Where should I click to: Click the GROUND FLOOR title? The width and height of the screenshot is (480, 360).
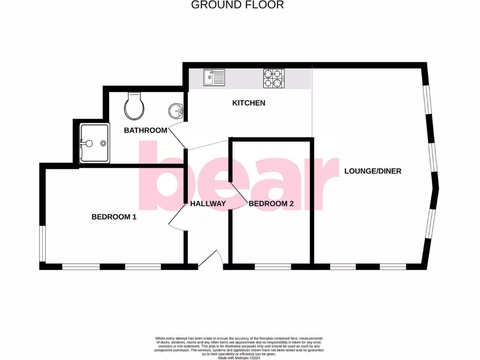click(238, 5)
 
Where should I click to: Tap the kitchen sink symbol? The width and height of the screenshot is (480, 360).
click(214, 78)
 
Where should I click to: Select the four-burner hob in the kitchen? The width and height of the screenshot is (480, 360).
click(274, 78)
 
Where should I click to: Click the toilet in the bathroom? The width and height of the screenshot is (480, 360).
click(134, 106)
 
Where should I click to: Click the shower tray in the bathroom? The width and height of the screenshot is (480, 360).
click(95, 143)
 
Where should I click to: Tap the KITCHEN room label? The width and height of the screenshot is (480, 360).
click(248, 103)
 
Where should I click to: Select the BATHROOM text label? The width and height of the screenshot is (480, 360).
click(145, 130)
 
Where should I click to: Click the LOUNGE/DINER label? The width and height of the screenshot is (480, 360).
click(373, 171)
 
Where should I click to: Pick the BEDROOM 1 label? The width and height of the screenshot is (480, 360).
click(114, 217)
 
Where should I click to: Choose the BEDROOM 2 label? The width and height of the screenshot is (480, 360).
click(271, 203)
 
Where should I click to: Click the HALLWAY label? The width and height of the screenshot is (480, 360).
click(208, 203)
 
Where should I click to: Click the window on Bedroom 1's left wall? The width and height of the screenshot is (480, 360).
click(42, 243)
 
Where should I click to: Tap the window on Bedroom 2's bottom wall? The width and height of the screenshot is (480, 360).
click(273, 267)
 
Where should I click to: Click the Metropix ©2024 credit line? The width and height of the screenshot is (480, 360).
click(240, 357)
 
